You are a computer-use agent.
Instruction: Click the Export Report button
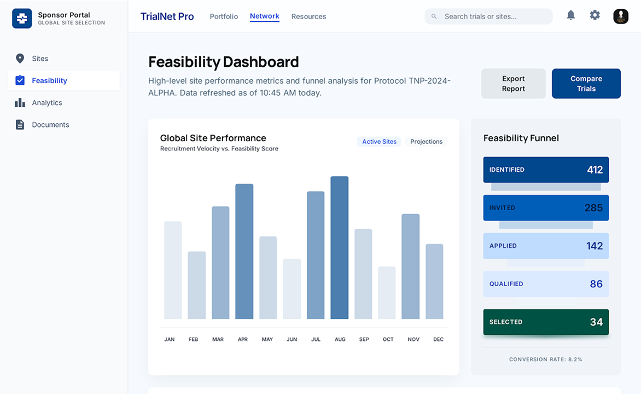coord(513,84)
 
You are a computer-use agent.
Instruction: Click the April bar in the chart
coord(244,251)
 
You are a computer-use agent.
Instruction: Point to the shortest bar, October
coord(387,293)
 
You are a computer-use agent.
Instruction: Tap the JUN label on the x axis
coord(292,339)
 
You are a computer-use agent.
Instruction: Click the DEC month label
coord(438,339)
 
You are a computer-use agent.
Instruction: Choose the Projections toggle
coord(426,142)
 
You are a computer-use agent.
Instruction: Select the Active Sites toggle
coord(379,142)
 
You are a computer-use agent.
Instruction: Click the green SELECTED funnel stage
coord(545,322)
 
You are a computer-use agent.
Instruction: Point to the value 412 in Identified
coord(595,170)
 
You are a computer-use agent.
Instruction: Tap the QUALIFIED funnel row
coord(545,284)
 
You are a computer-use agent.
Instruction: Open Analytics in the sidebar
coord(47,103)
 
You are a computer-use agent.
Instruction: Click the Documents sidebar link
coord(50,125)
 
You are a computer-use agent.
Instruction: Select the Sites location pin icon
coord(20,59)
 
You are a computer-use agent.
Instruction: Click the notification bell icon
coord(570,15)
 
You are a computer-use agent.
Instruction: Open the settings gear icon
coord(595,15)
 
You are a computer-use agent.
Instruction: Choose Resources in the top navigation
coord(308,16)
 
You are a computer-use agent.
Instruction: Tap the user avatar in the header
coord(621,16)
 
